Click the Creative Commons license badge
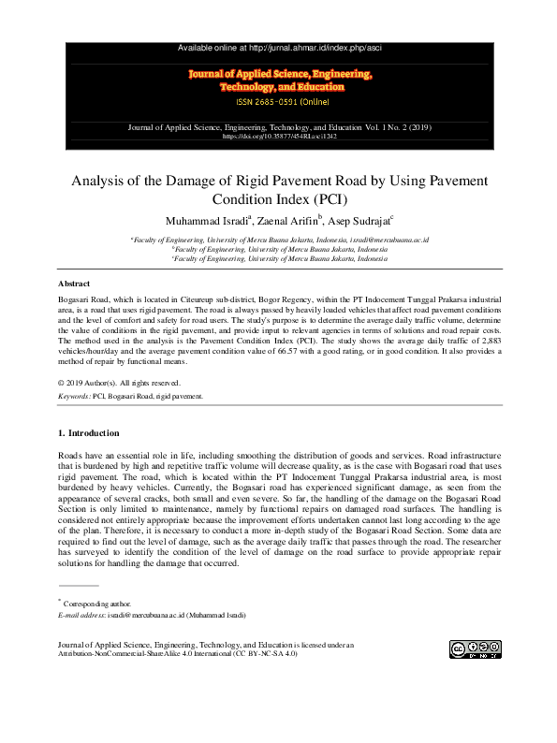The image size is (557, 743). [475, 648]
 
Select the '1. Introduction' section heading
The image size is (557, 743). [88, 432]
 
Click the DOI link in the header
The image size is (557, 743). [279, 137]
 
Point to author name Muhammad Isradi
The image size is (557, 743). [207, 221]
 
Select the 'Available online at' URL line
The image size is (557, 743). [279, 47]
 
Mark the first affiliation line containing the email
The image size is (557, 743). [279, 240]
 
